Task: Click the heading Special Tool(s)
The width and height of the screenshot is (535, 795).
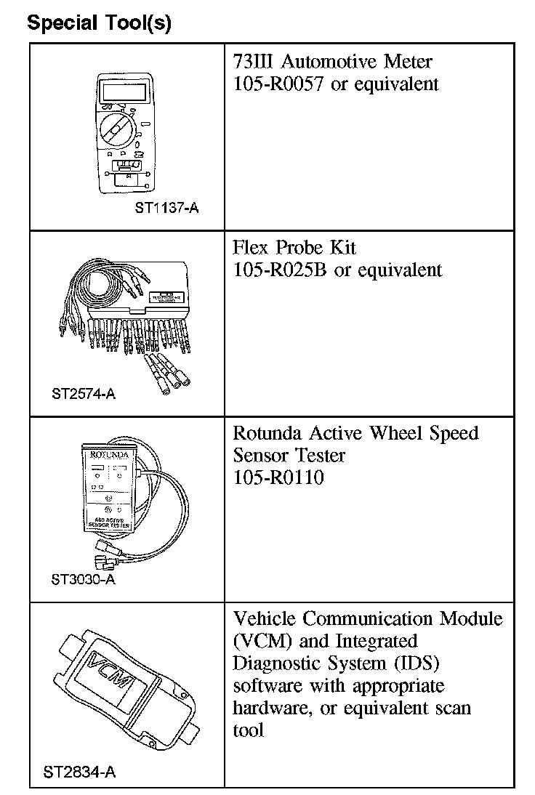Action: pyautogui.click(x=99, y=23)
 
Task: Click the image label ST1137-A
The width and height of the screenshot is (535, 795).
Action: pyautogui.click(x=166, y=209)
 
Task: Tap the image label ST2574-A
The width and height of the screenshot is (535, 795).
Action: pyautogui.click(x=84, y=395)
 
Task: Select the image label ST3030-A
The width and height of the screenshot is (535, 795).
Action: pyautogui.click(x=84, y=580)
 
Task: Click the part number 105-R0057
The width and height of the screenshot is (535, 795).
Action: pyautogui.click(x=279, y=84)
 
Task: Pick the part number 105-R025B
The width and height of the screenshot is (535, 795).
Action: pyautogui.click(x=281, y=270)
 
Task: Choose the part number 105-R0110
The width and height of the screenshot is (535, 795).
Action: pyautogui.click(x=278, y=477)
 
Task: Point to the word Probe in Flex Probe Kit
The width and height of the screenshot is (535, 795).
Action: pyautogui.click(x=299, y=248)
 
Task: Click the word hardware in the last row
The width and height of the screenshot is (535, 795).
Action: pyautogui.click(x=268, y=708)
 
